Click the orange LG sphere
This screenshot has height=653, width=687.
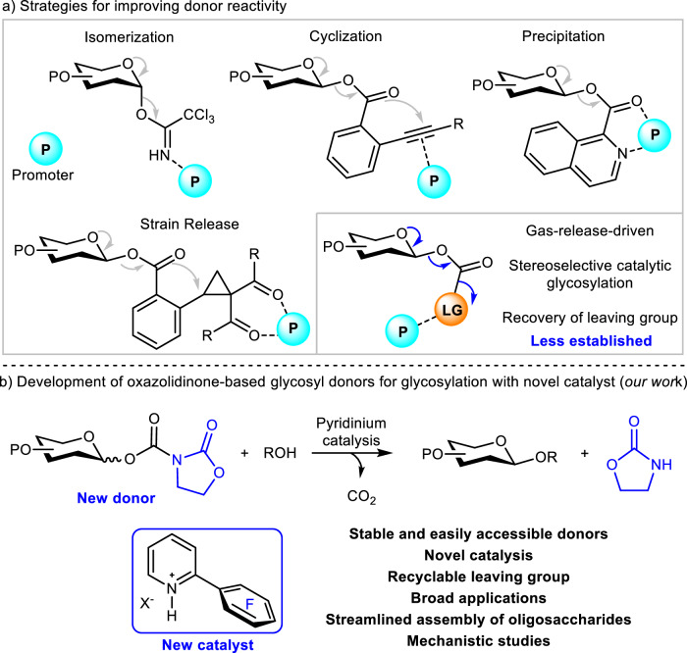tap(451, 310)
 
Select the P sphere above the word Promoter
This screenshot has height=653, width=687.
tap(45, 150)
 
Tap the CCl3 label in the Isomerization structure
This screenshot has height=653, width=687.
tap(199, 115)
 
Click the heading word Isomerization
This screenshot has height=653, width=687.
tap(130, 37)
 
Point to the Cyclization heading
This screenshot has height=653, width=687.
tap(345, 36)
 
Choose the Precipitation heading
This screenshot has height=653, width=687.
tap(563, 36)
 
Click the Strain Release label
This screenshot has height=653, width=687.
tap(189, 225)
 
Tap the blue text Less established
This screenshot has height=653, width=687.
tap(592, 340)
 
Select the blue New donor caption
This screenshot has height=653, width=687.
tap(116, 498)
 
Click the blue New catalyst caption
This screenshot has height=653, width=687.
tap(208, 645)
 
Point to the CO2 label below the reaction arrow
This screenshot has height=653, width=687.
tap(361, 497)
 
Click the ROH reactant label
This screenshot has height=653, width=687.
tap(280, 453)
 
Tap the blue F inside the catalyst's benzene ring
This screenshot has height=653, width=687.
tap(249, 604)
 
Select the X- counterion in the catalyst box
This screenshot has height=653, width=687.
tap(147, 604)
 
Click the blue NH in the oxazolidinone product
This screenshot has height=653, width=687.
tap(661, 465)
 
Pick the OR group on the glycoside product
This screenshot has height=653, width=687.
tap(547, 457)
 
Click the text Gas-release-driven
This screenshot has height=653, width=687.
tap(590, 230)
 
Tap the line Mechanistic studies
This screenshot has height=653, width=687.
tap(479, 641)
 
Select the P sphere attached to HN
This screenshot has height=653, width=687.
tap(195, 181)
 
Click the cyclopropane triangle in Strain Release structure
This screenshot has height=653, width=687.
tap(217, 283)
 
